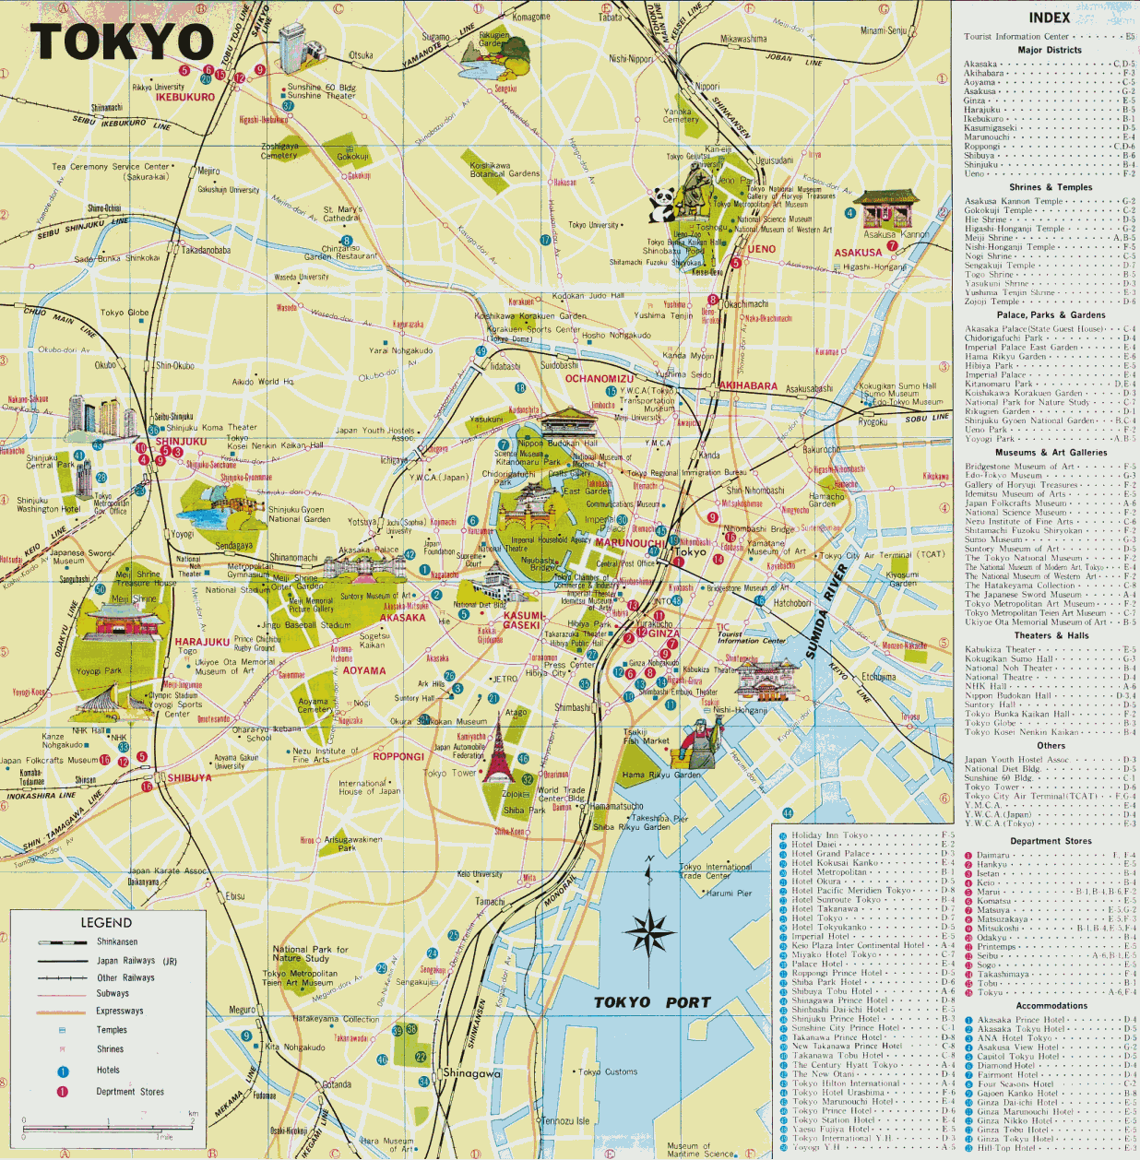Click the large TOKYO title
pos(122,41)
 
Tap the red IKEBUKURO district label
pos(184,97)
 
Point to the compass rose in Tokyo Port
pos(649,931)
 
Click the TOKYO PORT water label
pos(651,1002)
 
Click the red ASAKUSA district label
pos(858,253)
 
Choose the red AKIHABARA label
pos(747,385)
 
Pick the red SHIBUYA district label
pos(189,777)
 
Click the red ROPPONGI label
pos(398,756)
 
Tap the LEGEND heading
pos(106,923)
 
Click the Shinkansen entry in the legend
pos(117,942)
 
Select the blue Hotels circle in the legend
pos(63,1071)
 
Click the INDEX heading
pos(1050,18)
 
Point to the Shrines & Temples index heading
pos(1050,187)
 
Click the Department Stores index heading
pos(1051,841)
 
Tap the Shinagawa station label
pos(471,1073)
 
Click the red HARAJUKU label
pos(202,642)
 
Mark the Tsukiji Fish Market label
pos(646,736)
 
